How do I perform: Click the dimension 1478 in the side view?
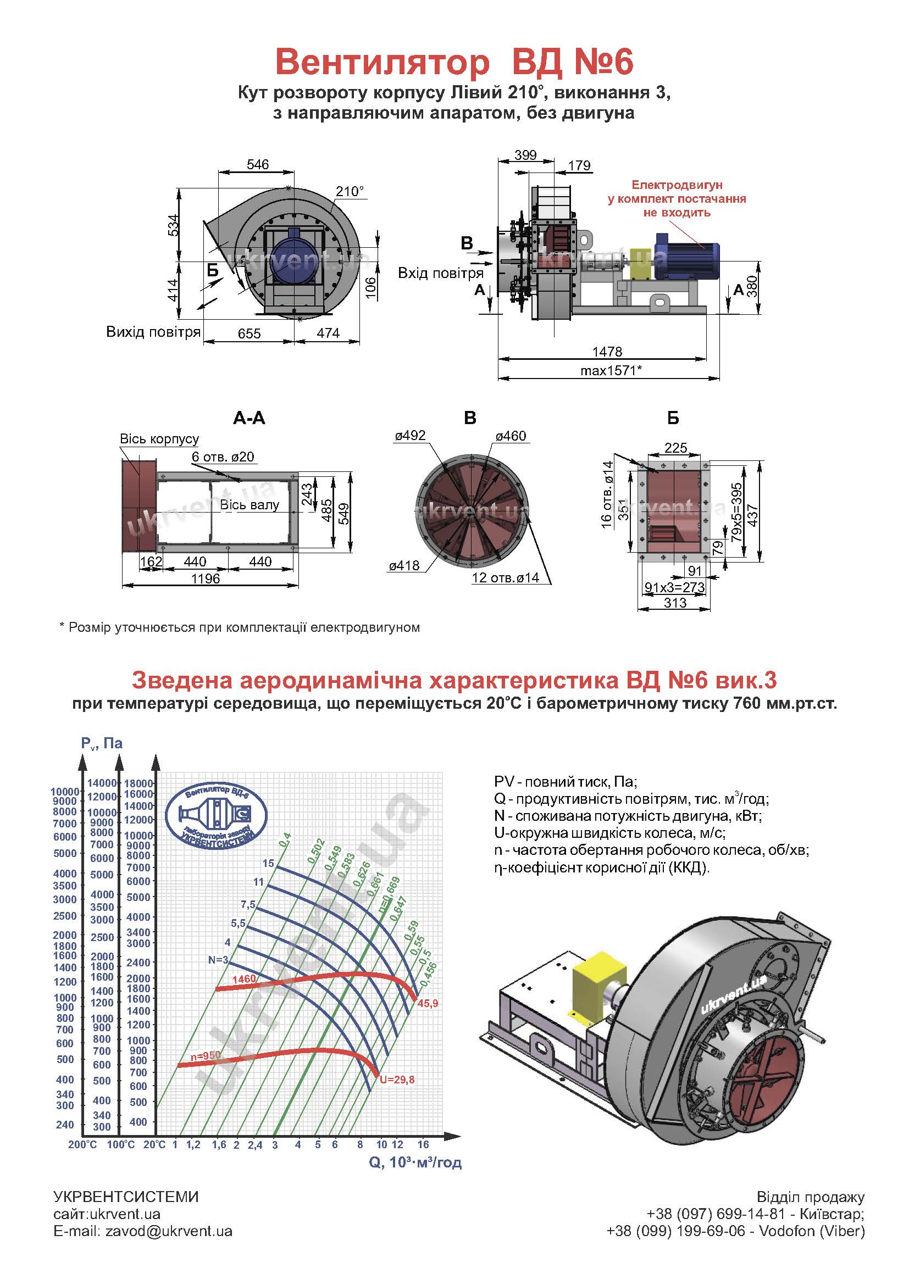pyautogui.click(x=607, y=352)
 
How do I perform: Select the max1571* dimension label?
pyautogui.click(x=611, y=370)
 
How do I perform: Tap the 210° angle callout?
pyautogui.click(x=350, y=191)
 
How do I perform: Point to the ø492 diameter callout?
pyautogui.click(x=411, y=436)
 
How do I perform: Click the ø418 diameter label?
pyautogui.click(x=404, y=566)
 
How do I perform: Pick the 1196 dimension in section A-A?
pyautogui.click(x=206, y=578)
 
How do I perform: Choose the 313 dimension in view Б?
pyautogui.click(x=675, y=603)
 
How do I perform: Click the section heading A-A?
pyautogui.click(x=249, y=418)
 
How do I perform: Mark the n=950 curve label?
pyautogui.click(x=204, y=1055)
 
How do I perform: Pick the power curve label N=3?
pyautogui.click(x=218, y=960)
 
